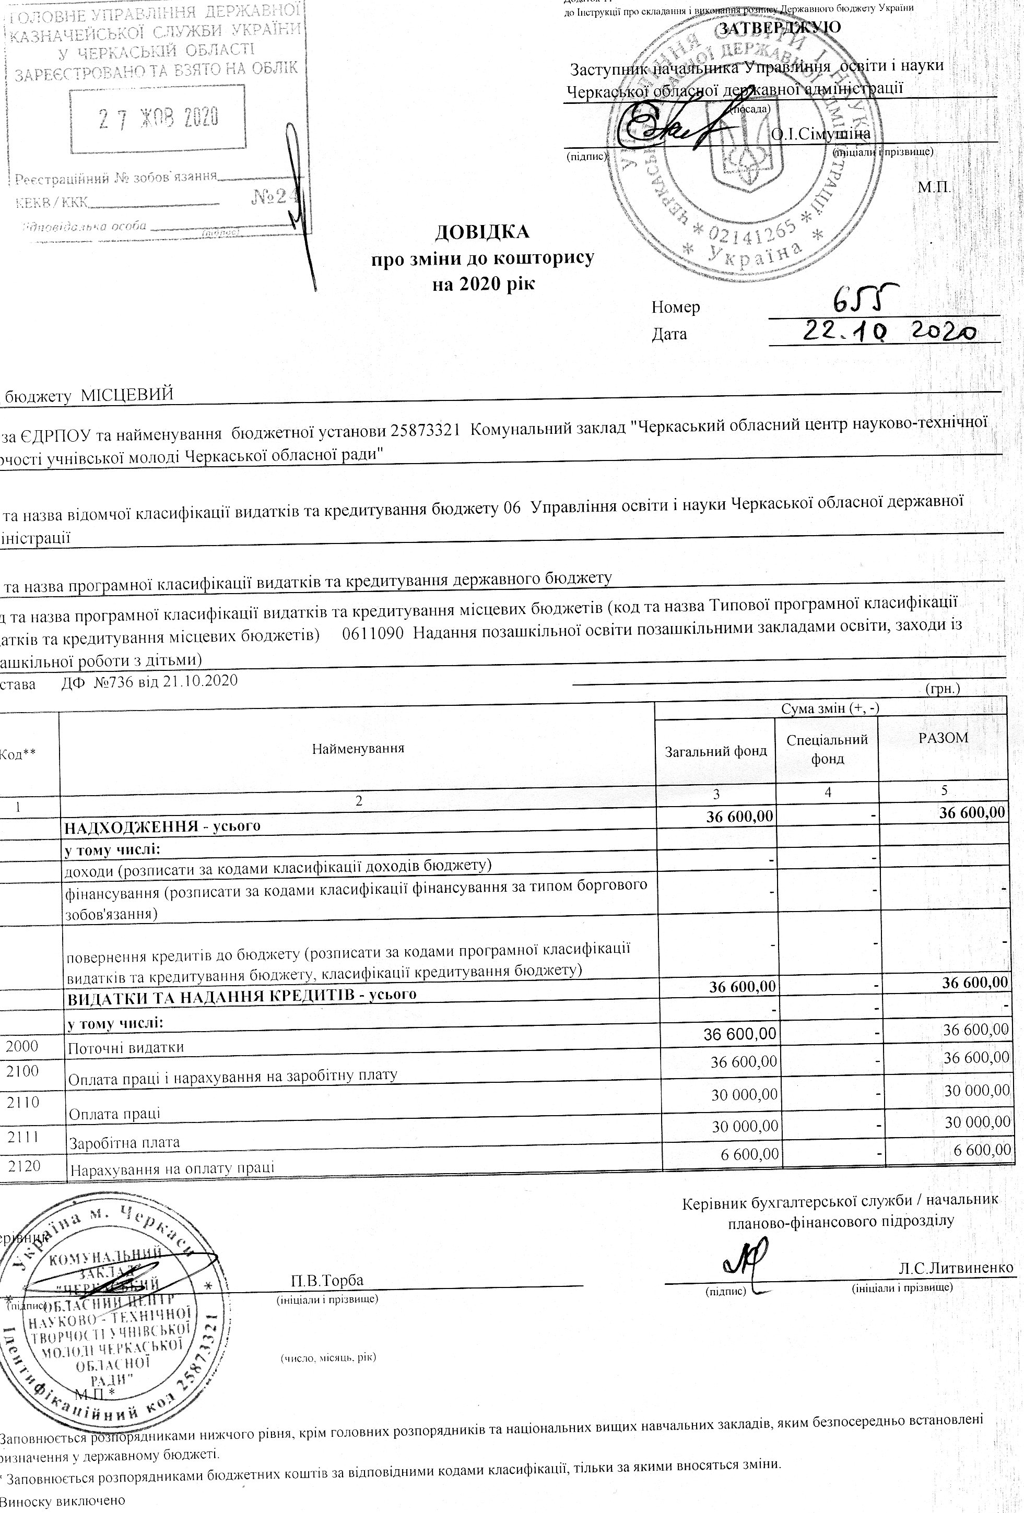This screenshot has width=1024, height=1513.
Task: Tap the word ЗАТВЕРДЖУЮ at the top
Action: (x=779, y=27)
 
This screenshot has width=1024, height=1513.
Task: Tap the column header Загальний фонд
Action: (x=715, y=751)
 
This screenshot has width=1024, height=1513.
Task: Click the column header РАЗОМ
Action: (x=943, y=738)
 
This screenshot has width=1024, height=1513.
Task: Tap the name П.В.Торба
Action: (x=327, y=1280)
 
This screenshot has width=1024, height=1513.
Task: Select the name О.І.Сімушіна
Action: (x=821, y=134)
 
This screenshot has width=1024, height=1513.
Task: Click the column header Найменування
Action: (x=358, y=749)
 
